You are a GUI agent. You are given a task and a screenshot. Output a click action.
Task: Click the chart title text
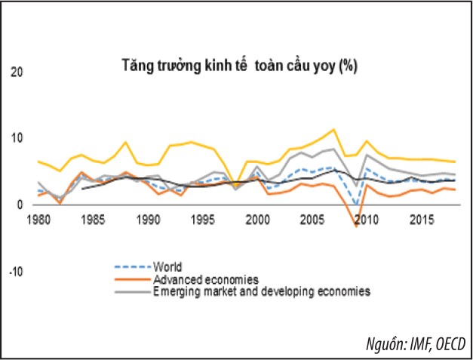click(x=239, y=65)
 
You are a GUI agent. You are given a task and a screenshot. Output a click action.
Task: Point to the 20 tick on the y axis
click(x=17, y=72)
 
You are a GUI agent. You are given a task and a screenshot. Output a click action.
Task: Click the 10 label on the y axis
click(x=17, y=138)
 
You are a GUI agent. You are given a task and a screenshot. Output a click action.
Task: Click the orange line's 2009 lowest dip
click(x=356, y=226)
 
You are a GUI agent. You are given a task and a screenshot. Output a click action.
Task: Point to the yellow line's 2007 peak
click(x=333, y=129)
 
